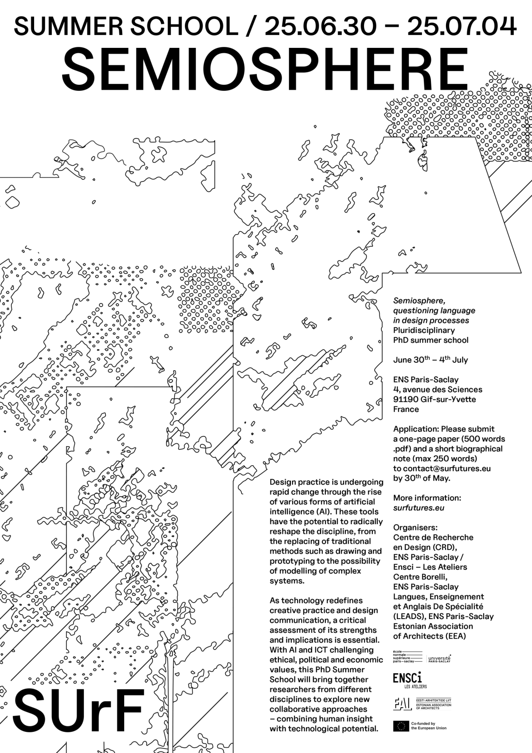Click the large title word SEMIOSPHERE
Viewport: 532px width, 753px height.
point(265,70)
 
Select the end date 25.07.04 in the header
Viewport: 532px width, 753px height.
point(462,26)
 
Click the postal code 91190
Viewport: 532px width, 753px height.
point(406,399)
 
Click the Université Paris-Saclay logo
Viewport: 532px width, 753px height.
point(439,658)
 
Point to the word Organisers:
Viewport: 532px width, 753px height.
point(415,527)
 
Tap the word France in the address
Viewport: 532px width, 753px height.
point(406,409)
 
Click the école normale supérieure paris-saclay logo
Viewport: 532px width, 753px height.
point(407,657)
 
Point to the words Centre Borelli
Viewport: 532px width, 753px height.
point(420,577)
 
